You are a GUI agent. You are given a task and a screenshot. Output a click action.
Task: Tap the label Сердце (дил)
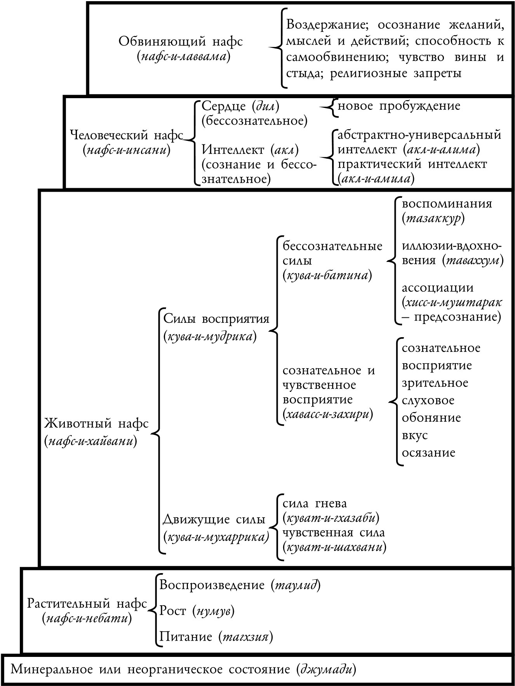pos(240,106)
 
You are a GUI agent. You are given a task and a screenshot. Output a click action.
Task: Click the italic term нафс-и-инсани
pos(127,150)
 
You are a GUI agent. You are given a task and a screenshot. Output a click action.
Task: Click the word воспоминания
pos(447,204)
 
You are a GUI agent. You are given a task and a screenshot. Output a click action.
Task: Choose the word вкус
pos(415,435)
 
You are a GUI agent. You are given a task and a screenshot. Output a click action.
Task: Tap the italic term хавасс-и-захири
pos(328,414)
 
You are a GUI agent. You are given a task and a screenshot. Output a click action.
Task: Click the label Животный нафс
pos(97,423)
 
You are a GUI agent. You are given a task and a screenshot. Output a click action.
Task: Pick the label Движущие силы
pos(214,519)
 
